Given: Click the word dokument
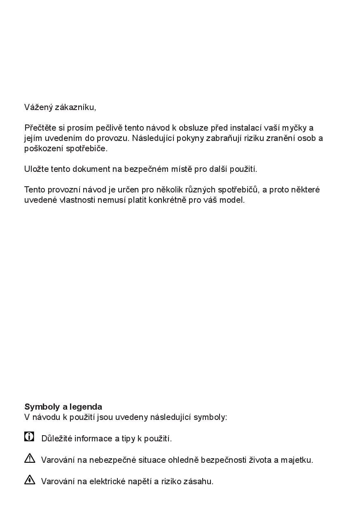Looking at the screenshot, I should point(91,169).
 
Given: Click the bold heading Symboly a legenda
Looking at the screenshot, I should point(63,407).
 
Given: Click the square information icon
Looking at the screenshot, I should point(29,436).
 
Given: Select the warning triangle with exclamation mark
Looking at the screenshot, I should point(30,458).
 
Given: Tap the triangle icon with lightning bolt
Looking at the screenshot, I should point(30,479).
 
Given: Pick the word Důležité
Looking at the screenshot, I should point(56,438).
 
